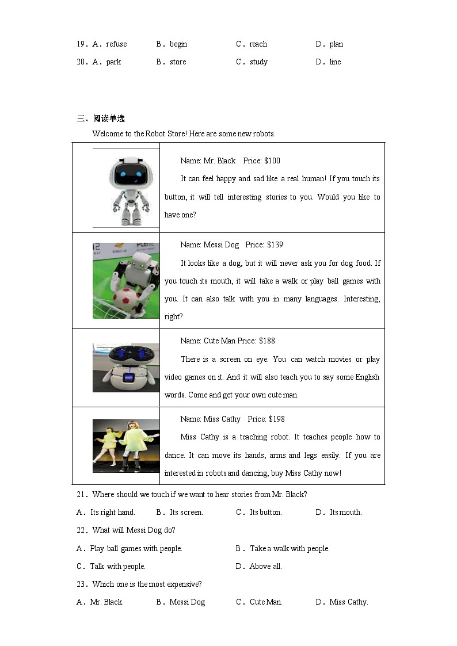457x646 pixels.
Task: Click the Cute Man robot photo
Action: (x=125, y=368)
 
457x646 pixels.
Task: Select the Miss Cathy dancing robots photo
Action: (x=125, y=446)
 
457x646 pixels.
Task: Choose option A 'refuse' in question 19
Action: (x=116, y=44)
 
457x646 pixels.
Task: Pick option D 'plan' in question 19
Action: (x=336, y=44)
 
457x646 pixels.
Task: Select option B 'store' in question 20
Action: (x=177, y=62)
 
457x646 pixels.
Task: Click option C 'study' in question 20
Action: (x=258, y=62)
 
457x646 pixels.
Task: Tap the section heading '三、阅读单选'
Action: (x=101, y=119)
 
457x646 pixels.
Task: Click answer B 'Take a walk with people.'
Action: (x=289, y=548)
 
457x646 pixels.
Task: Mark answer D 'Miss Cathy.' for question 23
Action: (x=348, y=602)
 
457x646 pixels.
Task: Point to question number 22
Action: (x=81, y=530)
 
